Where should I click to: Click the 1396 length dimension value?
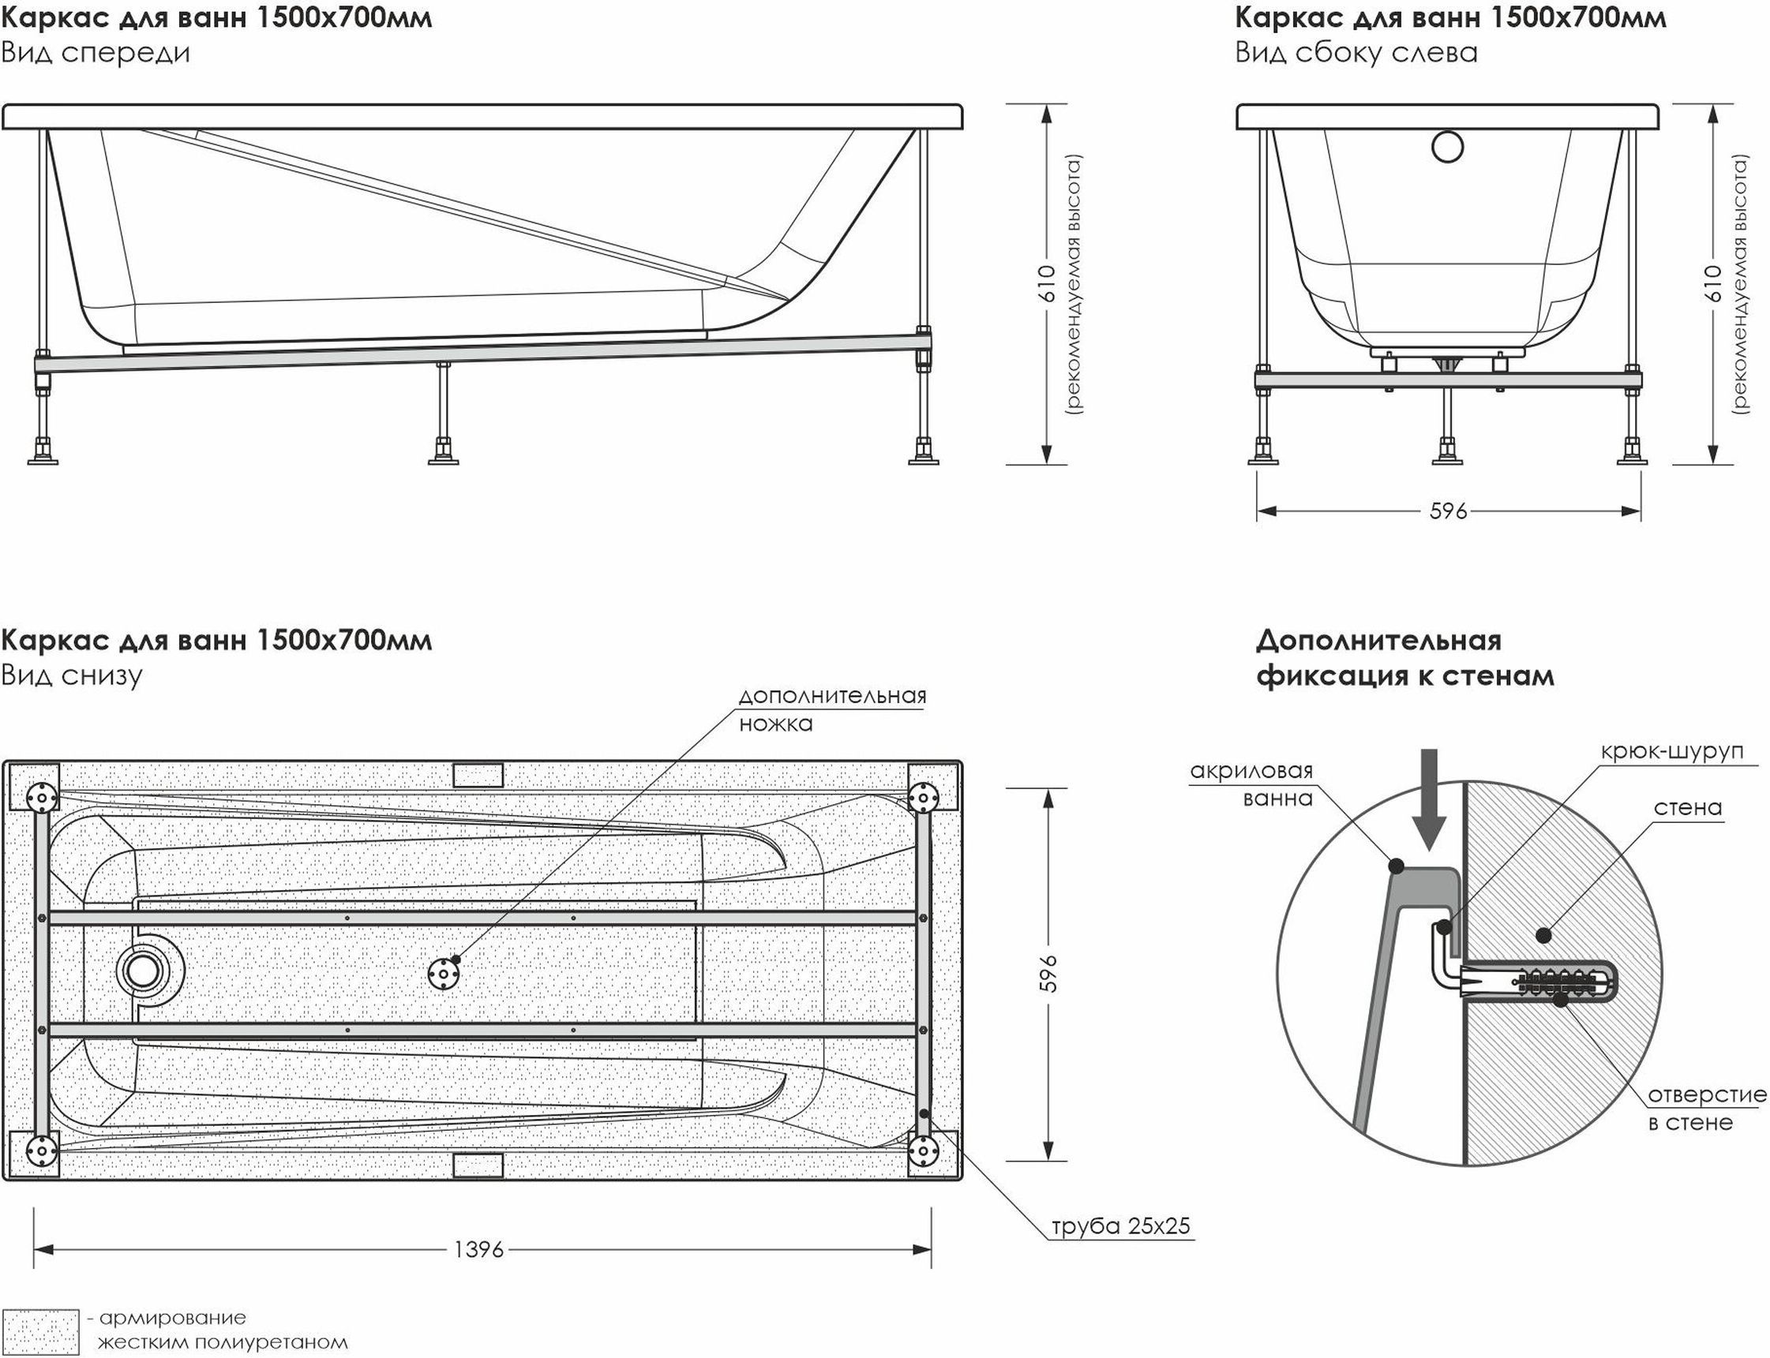click(478, 1250)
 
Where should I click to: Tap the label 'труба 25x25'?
click(1121, 1226)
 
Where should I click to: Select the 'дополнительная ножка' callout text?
click(832, 709)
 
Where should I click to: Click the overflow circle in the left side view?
click(1446, 147)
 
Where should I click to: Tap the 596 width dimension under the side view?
click(1447, 511)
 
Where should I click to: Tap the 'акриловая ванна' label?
click(1251, 784)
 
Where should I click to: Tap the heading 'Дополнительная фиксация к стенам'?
click(1404, 657)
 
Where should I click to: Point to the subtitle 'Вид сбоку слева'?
click(1356, 53)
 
